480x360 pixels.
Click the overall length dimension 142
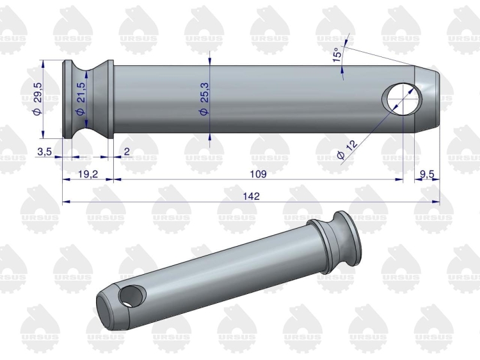coord(252,196)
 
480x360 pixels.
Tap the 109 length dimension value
coord(259,174)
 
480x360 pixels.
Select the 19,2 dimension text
coord(88,174)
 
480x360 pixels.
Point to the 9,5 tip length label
coord(427,174)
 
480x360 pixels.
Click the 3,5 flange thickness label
coord(45,151)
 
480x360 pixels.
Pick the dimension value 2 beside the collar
coord(127,151)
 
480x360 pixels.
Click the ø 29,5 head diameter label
coord(38,99)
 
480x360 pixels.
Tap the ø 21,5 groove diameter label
coord(81,99)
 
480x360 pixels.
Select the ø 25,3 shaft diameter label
coord(204,99)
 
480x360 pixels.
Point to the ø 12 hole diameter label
coord(348,149)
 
